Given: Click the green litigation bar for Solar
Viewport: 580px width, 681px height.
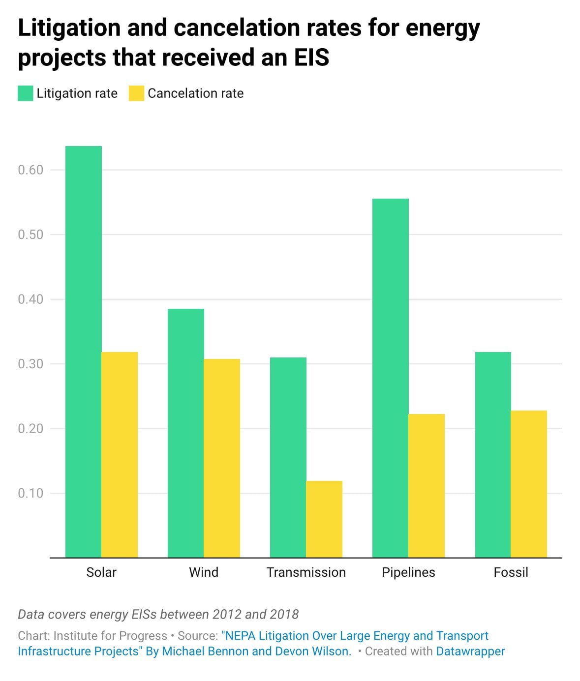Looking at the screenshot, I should coord(84,352).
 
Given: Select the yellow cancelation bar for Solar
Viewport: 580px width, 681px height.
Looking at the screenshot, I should coord(120,455).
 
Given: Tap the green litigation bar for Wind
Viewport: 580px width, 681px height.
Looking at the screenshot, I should coord(186,433).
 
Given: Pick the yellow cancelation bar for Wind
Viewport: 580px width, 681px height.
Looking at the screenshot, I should coord(222,458).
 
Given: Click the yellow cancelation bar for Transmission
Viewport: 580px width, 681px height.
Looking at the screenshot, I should coord(324,519).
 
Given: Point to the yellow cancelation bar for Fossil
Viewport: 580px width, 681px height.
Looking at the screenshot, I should coord(529,484).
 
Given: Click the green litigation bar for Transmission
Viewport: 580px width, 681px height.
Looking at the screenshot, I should coord(288,457).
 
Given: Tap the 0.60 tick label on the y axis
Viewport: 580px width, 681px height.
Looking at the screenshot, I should coord(31,170).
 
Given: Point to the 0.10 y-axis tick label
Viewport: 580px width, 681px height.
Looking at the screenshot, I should coord(31,493).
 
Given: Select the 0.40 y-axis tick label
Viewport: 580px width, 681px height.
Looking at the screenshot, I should coord(31,299).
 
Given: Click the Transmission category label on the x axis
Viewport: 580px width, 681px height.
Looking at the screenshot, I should coord(306,572).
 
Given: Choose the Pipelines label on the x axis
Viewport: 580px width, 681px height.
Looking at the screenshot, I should coord(408,572).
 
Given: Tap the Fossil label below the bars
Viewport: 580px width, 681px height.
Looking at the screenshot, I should coord(511,572).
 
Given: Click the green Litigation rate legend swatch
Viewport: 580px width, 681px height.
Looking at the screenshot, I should coord(26,93).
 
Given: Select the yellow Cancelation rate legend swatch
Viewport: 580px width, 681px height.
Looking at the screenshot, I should coord(136,93).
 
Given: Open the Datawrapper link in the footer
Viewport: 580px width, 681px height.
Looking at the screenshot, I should coord(470,651).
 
